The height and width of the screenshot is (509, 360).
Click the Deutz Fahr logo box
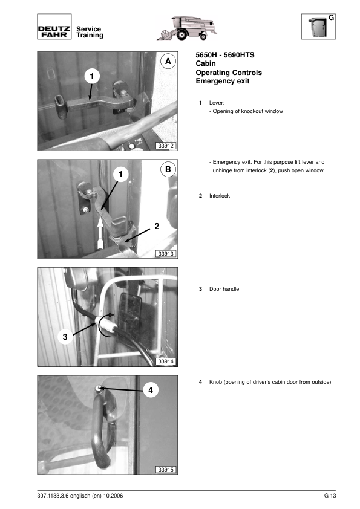click(54, 27)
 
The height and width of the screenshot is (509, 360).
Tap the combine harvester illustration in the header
click(187, 28)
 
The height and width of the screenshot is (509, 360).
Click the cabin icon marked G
click(318, 27)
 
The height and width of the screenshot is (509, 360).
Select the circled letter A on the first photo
click(168, 61)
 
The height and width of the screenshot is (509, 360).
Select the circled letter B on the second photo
click(168, 169)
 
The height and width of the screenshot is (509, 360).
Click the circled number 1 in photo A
click(91, 76)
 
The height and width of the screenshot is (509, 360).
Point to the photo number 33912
click(166, 146)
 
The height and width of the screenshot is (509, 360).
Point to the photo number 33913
click(166, 253)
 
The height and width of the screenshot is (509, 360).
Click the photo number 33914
click(166, 361)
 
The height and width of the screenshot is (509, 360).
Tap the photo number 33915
click(166, 469)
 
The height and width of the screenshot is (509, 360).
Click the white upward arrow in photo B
click(100, 233)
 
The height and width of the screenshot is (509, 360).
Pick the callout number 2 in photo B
click(157, 226)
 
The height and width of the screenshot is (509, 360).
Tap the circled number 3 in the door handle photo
click(65, 337)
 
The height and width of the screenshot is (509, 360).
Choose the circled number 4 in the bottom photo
click(151, 390)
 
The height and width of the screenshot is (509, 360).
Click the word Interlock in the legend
click(220, 196)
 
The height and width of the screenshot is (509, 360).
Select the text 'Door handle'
click(224, 289)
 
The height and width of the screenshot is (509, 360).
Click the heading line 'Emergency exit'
click(223, 81)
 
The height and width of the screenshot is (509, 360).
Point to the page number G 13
click(330, 496)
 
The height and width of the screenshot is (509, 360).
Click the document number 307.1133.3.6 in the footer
click(53, 496)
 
